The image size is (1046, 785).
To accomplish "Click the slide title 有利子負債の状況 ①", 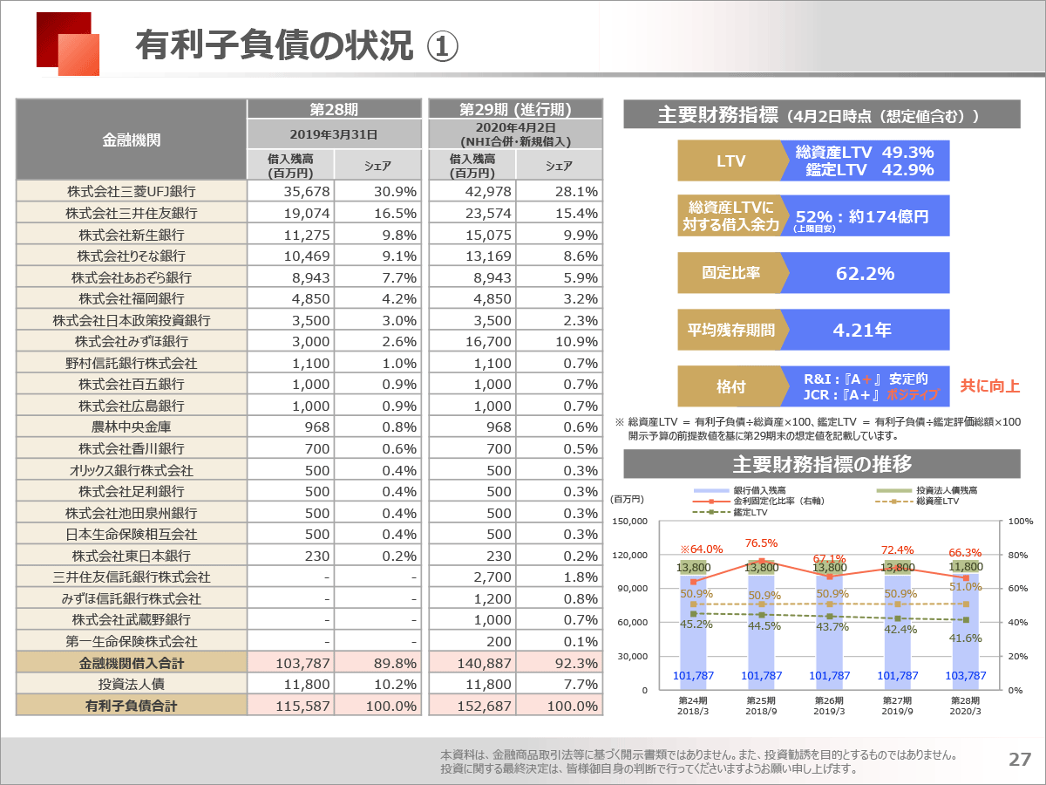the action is pyautogui.click(x=296, y=45).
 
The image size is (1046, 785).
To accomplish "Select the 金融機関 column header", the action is pyautogui.click(x=132, y=140).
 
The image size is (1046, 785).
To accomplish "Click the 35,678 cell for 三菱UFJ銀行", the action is pyautogui.click(x=307, y=192).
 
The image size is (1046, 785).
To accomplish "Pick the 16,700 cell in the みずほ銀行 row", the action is pyautogui.click(x=488, y=342).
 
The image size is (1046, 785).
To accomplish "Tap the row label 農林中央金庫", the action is pyautogui.click(x=132, y=427).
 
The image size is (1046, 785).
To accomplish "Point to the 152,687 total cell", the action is pyautogui.click(x=484, y=706).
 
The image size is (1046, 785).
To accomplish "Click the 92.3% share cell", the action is pyautogui.click(x=576, y=663).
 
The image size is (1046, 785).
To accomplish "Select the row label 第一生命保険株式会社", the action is pyautogui.click(x=132, y=642).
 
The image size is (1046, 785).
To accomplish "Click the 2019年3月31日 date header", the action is pyautogui.click(x=334, y=134).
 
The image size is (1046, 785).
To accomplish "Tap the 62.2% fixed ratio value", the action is pyautogui.click(x=865, y=274).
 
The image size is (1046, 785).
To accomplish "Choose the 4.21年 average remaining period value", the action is pyautogui.click(x=861, y=330).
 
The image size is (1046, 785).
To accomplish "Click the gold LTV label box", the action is pyautogui.click(x=730, y=161).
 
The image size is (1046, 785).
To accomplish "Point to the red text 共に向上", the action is pyautogui.click(x=989, y=386).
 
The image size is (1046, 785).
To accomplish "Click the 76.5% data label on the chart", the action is pyautogui.click(x=761, y=543).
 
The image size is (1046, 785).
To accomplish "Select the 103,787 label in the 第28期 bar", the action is pyautogui.click(x=966, y=675).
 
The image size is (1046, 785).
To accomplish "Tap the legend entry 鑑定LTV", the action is pyautogui.click(x=751, y=512).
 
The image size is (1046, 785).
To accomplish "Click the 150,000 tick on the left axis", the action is pyautogui.click(x=629, y=521).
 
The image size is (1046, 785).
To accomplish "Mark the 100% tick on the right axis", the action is pyautogui.click(x=1021, y=521).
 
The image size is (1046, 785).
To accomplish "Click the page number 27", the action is pyautogui.click(x=1020, y=759).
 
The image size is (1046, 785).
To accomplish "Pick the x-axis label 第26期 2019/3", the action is pyautogui.click(x=829, y=706).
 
